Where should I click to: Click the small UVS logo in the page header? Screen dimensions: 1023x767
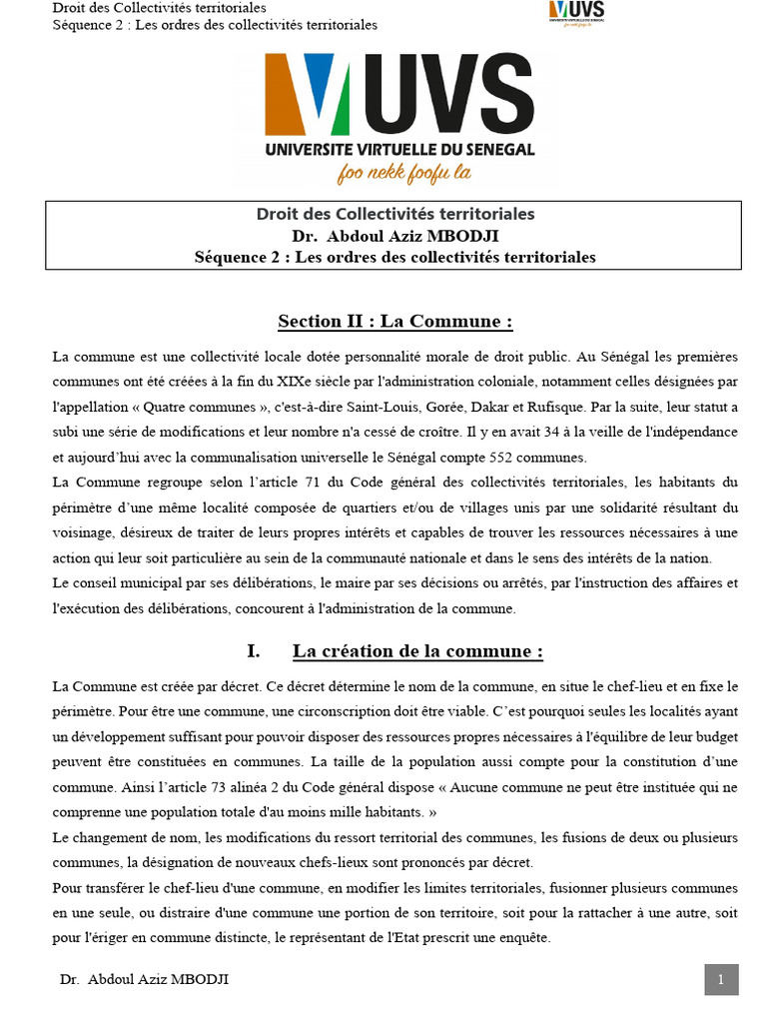pyautogui.click(x=577, y=13)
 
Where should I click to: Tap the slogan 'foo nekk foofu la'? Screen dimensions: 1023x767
pyautogui.click(x=404, y=173)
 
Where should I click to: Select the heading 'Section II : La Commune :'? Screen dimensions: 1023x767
pyautogui.click(x=394, y=321)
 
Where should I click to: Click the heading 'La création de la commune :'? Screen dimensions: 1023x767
pyautogui.click(x=417, y=651)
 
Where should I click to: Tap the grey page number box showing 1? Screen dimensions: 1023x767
pyautogui.click(x=721, y=980)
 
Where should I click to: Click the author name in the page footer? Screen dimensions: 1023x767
pyautogui.click(x=144, y=980)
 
